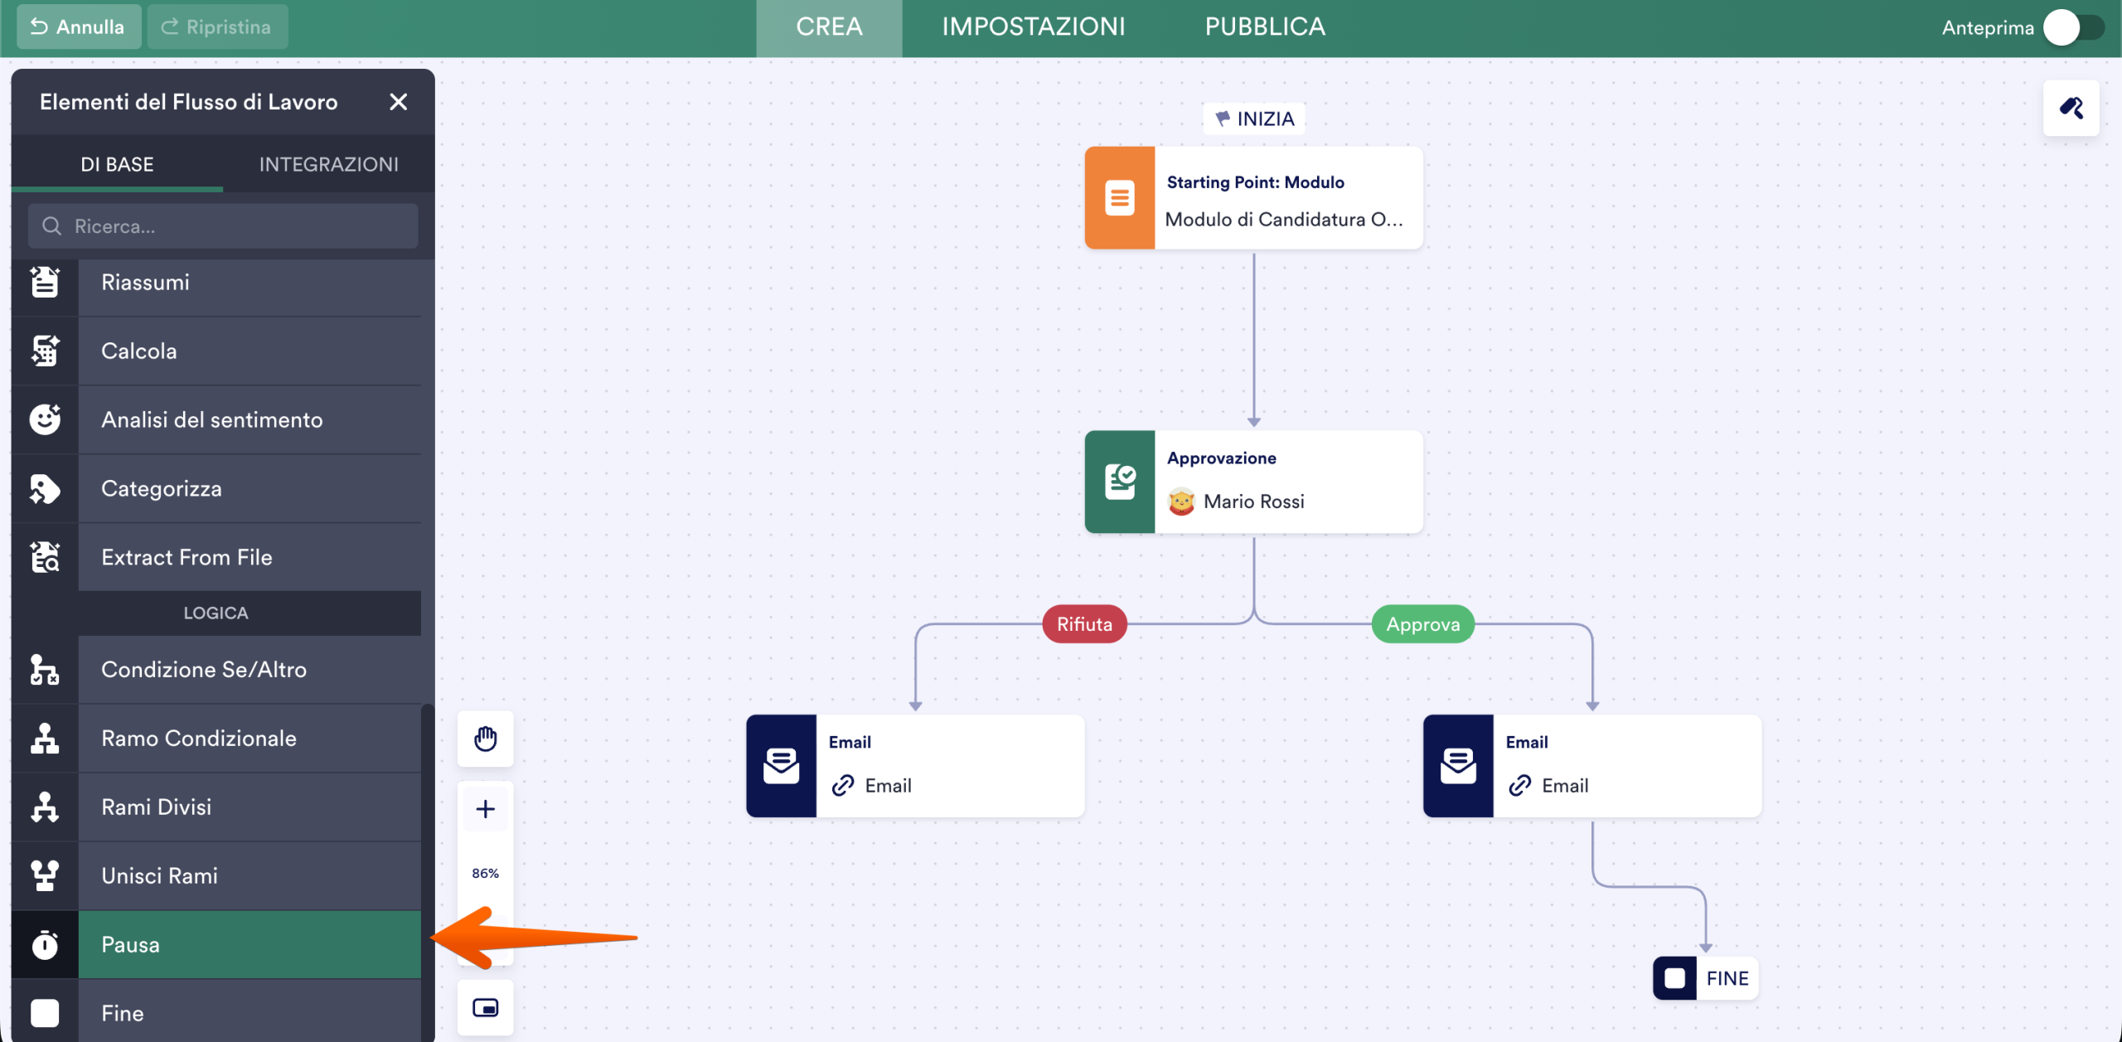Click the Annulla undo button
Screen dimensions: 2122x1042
point(79,27)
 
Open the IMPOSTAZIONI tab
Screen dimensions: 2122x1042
point(1034,27)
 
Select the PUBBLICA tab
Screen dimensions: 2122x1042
point(1265,27)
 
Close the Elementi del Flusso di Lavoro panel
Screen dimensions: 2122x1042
point(399,102)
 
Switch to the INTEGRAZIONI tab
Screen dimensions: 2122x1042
point(328,164)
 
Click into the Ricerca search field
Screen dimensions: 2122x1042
point(223,226)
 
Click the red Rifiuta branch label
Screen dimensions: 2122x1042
point(1084,624)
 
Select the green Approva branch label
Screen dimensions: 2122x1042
point(1423,624)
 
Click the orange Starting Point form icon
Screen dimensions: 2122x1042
point(1120,198)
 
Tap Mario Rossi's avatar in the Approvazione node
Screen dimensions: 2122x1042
point(1181,502)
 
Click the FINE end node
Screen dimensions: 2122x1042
point(1706,978)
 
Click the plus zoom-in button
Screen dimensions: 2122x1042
point(486,809)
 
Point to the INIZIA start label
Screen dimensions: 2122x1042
point(1254,119)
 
